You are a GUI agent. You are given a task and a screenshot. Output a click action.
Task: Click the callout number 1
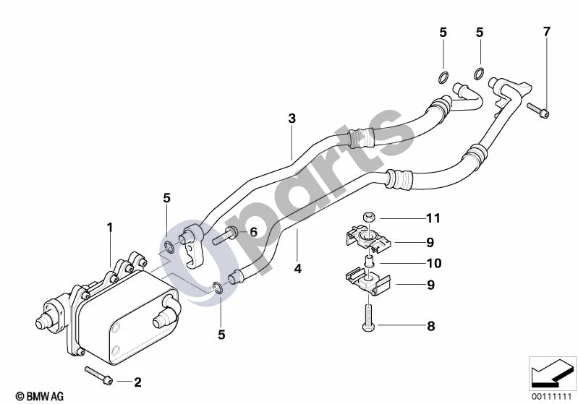click(x=110, y=228)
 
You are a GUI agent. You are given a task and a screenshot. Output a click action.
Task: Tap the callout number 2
click(x=137, y=382)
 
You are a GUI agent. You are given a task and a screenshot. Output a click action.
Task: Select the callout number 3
click(x=292, y=119)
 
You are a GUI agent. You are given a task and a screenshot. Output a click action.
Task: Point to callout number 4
click(x=298, y=268)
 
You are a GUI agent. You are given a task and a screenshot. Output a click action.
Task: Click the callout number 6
click(x=253, y=232)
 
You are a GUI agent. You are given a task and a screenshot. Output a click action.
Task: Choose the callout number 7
click(x=547, y=32)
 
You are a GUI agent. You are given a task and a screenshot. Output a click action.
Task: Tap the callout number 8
click(x=431, y=326)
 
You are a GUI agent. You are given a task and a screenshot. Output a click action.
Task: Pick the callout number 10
click(x=434, y=263)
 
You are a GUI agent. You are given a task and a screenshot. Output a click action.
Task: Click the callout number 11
click(x=433, y=218)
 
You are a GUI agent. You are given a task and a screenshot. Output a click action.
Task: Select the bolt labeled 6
click(x=226, y=236)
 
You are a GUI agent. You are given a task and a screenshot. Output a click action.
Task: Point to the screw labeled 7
click(x=538, y=110)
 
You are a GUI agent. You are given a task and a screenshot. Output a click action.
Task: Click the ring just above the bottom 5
click(x=218, y=288)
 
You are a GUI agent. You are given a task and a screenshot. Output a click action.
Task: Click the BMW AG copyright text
click(x=40, y=396)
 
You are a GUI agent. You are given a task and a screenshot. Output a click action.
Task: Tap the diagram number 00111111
click(x=552, y=397)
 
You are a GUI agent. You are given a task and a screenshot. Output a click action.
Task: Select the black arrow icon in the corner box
click(x=552, y=373)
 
